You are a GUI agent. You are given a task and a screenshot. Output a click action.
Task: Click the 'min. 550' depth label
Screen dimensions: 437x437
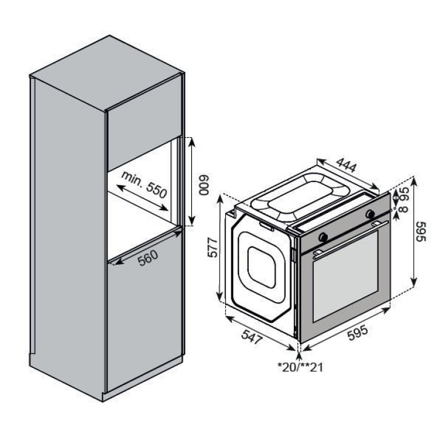tap(144, 185)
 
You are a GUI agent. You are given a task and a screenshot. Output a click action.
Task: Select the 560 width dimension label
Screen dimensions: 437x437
tap(148, 257)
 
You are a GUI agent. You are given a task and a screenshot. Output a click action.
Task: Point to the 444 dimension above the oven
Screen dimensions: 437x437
tap(346, 165)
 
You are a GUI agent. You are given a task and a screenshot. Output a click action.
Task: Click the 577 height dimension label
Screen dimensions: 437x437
tap(213, 247)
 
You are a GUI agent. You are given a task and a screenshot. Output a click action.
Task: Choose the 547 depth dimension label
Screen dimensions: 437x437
tap(252, 337)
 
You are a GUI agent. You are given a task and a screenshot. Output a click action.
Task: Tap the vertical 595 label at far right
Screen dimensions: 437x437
tap(421, 232)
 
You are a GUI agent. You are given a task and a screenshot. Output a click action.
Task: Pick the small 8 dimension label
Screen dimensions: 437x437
tap(404, 209)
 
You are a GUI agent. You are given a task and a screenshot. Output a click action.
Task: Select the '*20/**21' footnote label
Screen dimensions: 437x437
tap(300, 367)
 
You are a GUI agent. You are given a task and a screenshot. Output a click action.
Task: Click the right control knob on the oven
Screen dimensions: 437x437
tap(370, 214)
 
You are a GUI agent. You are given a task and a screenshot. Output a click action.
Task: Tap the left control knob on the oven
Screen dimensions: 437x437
tap(324, 237)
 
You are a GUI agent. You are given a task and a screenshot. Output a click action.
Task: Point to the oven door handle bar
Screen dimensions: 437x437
tap(351, 239)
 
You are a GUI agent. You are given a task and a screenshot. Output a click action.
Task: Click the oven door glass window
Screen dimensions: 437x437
tap(346, 277)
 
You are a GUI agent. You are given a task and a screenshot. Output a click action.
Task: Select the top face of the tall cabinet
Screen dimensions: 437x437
tap(107, 73)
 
